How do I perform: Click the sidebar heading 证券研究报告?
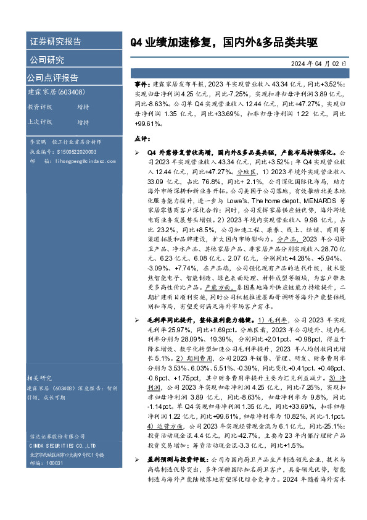56,42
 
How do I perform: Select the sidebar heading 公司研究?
47,60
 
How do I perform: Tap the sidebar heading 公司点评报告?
53,78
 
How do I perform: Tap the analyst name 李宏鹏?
39,141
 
